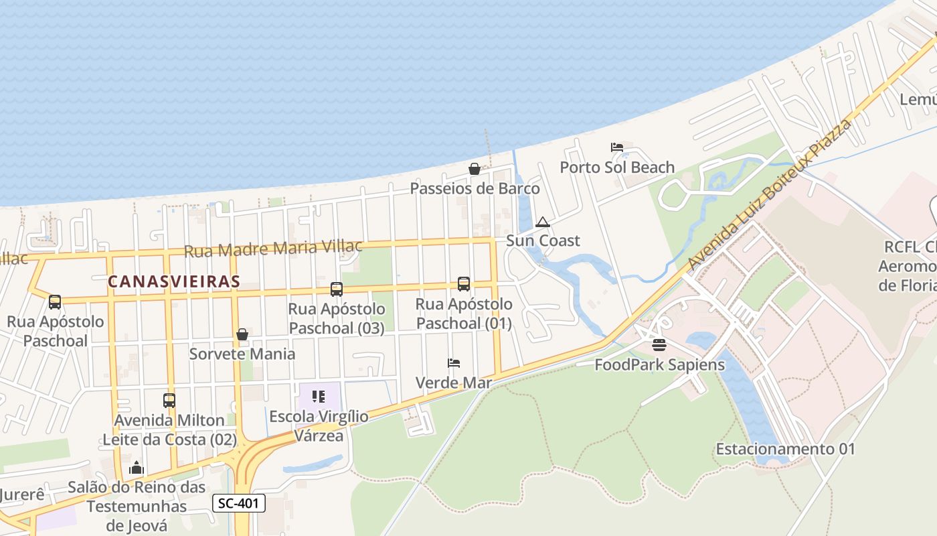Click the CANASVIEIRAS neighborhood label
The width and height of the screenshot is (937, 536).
173,281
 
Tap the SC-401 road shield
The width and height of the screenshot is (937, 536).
239,503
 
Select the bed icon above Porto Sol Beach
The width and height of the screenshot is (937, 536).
617,147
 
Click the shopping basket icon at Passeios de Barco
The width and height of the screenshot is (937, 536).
475,169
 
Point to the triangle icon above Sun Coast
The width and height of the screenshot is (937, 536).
543,222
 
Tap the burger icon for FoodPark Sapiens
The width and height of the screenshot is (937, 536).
659,345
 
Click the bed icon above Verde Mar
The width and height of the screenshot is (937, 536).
454,363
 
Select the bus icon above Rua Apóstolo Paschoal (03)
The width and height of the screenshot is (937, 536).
337,289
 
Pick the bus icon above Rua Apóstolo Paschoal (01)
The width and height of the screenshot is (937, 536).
464,284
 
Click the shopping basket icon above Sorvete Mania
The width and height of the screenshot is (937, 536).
242,334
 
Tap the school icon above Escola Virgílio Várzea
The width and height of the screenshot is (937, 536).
319,397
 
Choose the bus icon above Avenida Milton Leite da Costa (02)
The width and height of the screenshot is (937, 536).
169,401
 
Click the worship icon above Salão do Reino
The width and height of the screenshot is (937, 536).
137,468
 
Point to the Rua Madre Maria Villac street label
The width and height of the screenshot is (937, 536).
273,249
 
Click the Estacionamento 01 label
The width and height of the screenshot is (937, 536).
785,449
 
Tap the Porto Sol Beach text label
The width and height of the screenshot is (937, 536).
617,167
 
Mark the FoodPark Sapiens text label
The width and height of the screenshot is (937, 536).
659,365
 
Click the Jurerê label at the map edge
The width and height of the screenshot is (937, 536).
22,495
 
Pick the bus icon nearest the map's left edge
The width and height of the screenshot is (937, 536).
55,301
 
